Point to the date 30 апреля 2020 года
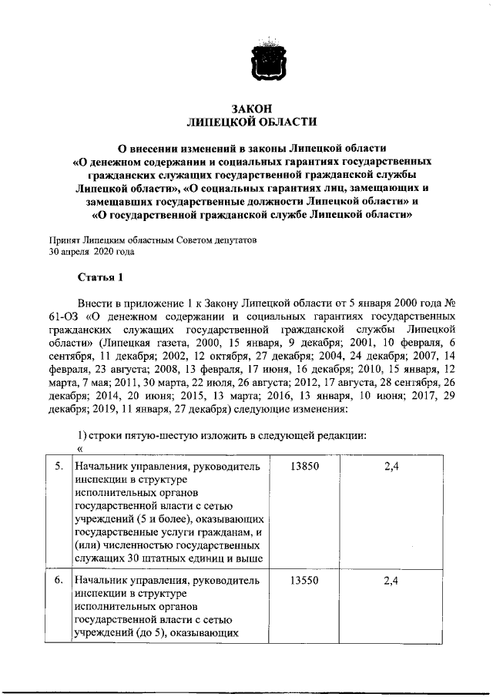pos(92,251)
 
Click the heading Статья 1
pos(99,277)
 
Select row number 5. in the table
pos(59,467)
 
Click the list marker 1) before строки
pos(82,435)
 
